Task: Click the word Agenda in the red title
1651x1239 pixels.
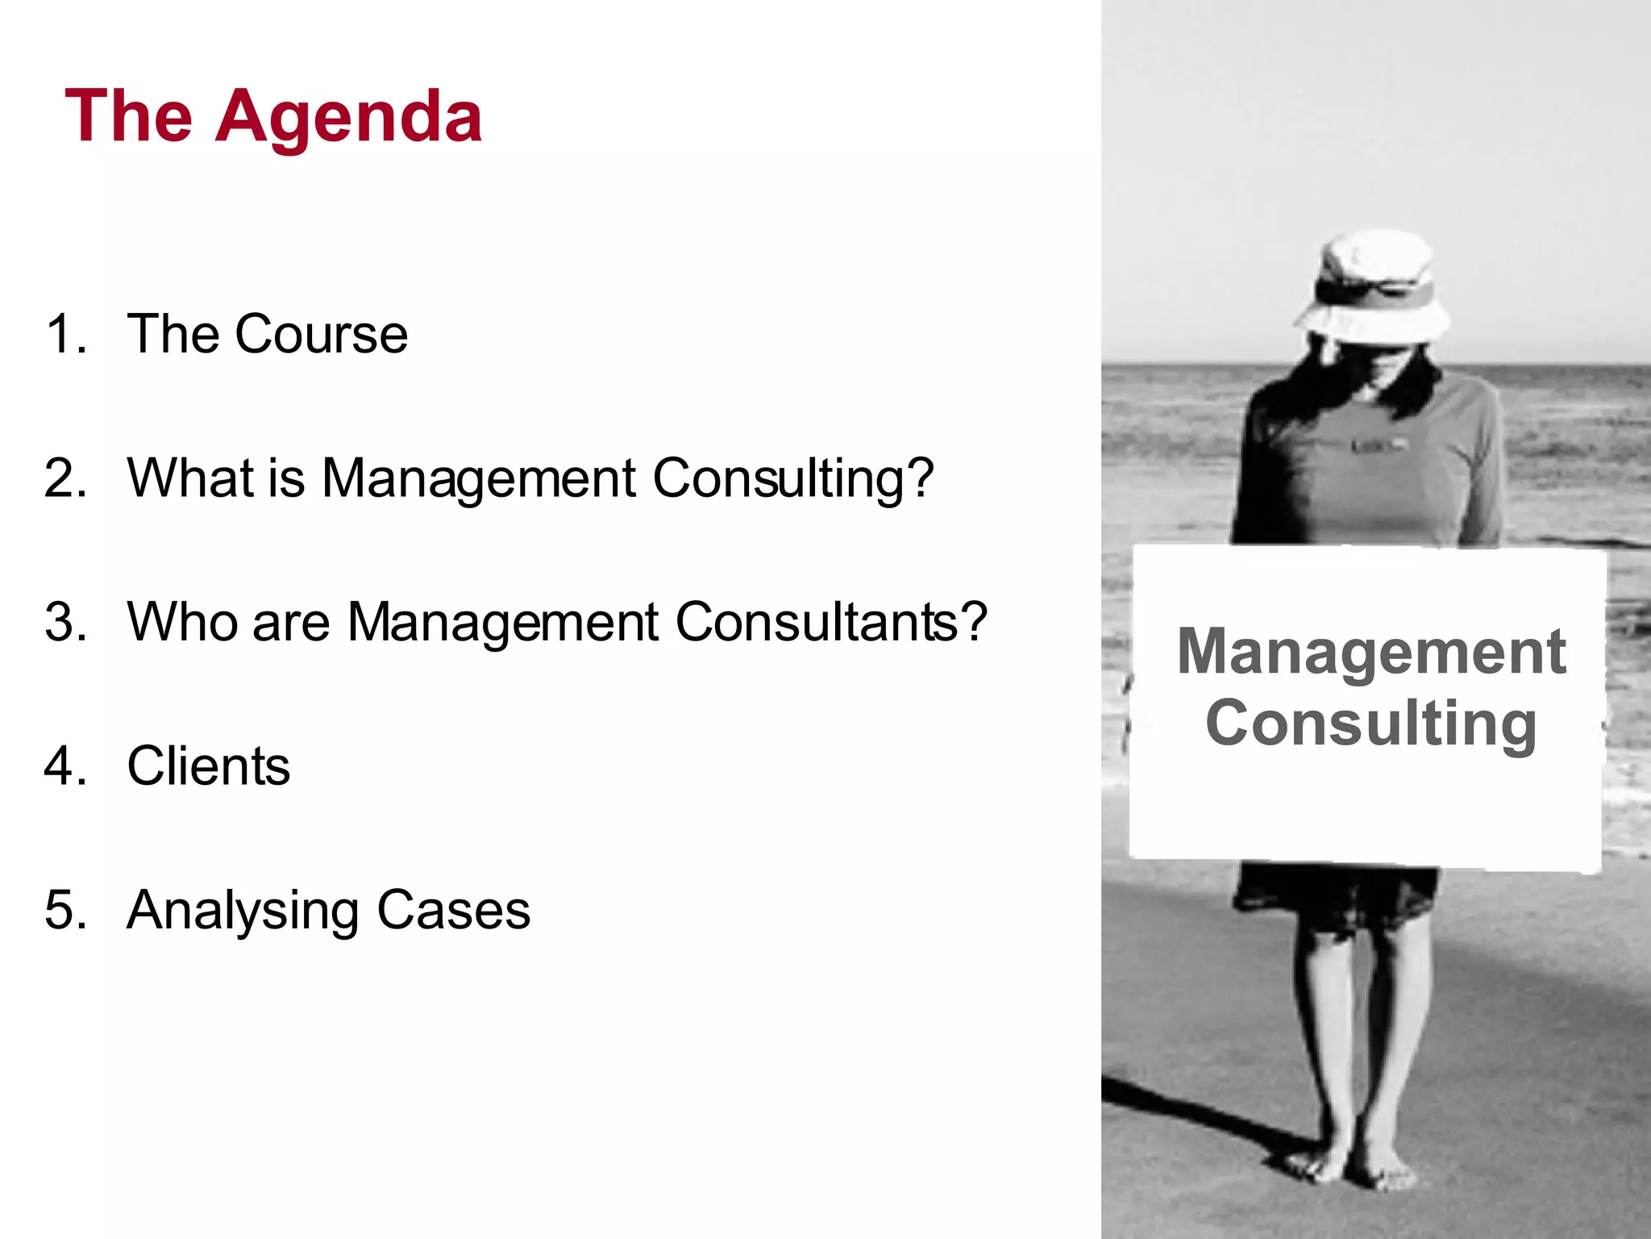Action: coord(348,118)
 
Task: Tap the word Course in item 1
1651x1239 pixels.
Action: coord(321,334)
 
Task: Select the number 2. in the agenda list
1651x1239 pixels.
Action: coord(65,478)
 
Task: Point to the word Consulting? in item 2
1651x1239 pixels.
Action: coord(792,479)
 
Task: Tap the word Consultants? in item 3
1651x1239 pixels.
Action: coord(830,622)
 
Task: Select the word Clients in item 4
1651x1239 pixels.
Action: coord(208,766)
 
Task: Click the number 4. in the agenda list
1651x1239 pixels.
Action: coord(65,766)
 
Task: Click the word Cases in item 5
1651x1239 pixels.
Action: coord(453,910)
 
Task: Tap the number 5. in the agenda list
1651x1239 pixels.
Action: coord(65,910)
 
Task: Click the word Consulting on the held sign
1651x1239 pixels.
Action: coord(1370,723)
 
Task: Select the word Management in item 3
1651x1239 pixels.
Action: coord(503,624)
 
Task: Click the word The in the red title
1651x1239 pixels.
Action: coord(129,118)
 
